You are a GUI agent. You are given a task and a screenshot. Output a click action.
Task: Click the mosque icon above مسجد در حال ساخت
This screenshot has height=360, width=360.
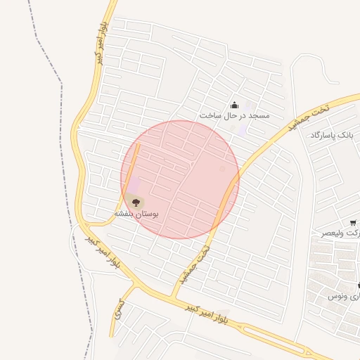(234, 105)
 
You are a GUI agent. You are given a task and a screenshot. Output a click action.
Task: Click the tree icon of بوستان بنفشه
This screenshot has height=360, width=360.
(136, 202)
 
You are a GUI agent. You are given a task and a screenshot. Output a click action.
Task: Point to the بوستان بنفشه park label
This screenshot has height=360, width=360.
(136, 212)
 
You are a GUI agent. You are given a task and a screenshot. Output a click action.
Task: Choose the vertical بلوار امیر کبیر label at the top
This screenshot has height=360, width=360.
(100, 44)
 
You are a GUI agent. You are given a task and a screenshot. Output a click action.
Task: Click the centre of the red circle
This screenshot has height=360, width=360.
(180, 179)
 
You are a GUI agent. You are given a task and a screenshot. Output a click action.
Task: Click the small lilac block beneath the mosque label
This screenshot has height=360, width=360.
(243, 129)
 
